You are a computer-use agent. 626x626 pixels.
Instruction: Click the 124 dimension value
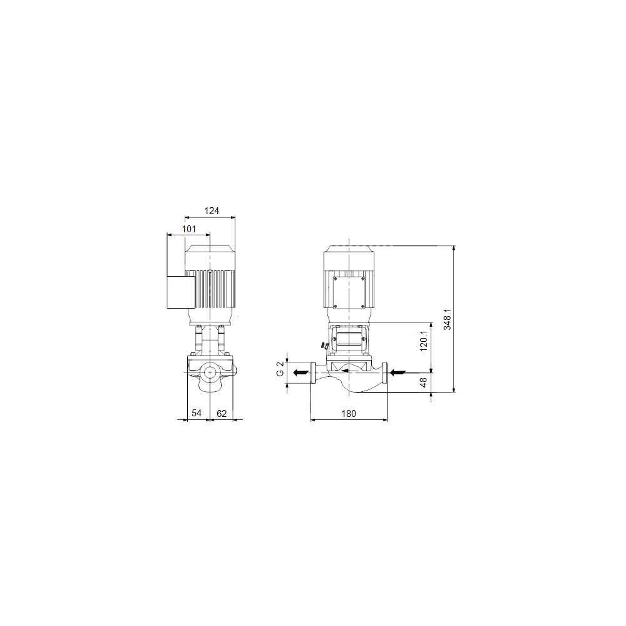(x=212, y=211)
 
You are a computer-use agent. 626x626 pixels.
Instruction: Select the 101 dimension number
(x=189, y=229)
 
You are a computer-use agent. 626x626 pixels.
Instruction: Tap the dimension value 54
(x=197, y=413)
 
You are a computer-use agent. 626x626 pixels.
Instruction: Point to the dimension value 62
(x=222, y=413)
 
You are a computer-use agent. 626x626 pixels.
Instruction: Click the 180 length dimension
(x=349, y=414)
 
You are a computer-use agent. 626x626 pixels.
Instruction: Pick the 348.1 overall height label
(x=448, y=319)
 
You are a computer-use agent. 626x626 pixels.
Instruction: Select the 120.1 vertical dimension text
(x=424, y=341)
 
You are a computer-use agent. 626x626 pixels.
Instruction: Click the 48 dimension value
(x=424, y=382)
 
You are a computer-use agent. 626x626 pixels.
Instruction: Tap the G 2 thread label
(x=280, y=369)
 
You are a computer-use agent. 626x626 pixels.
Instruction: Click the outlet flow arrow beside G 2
(x=300, y=372)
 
